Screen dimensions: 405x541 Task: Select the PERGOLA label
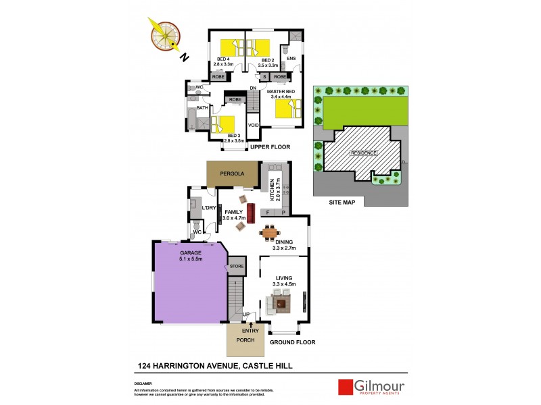point(232,173)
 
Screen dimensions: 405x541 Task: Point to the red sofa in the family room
point(250,213)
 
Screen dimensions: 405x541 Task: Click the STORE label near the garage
point(236,266)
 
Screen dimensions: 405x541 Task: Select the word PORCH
point(245,340)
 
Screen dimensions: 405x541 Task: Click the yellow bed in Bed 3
point(223,126)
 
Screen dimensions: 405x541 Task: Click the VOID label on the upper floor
point(254,126)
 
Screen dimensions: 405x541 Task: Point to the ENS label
point(291,59)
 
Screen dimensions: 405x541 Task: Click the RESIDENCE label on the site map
point(363,153)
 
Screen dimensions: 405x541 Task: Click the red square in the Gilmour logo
point(346,387)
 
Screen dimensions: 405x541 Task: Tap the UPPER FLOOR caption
point(270,146)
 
